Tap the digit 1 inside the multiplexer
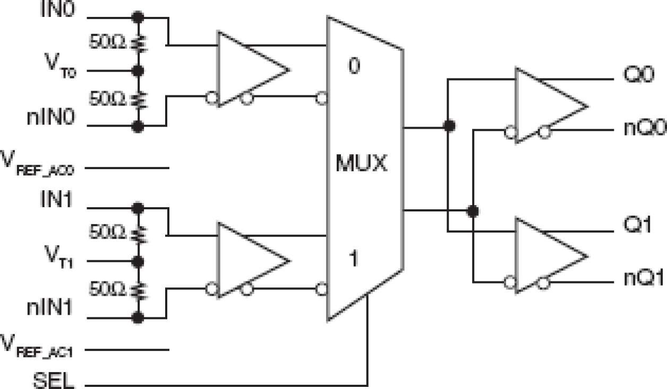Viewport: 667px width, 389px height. pyautogui.click(x=354, y=260)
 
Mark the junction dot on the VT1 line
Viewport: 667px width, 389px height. pyautogui.click(x=139, y=261)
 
